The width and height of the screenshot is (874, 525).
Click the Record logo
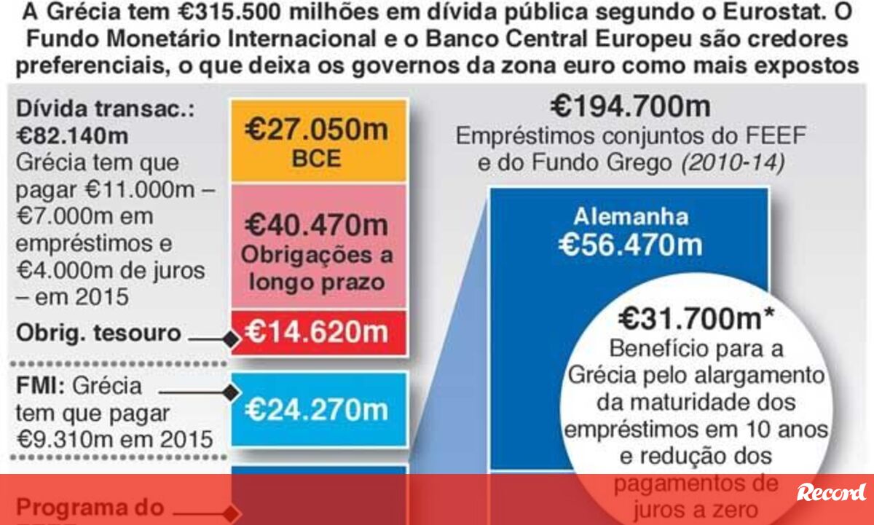[832, 492]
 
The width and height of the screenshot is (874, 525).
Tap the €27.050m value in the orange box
[316, 131]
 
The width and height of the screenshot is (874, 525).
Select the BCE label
[317, 159]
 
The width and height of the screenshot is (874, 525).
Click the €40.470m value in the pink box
[316, 223]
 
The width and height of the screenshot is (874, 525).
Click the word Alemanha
[631, 217]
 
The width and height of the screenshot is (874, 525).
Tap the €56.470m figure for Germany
[631, 245]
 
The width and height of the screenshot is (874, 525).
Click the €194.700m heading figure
[630, 107]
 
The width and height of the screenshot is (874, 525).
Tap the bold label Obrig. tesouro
[98, 333]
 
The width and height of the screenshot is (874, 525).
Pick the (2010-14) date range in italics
[733, 163]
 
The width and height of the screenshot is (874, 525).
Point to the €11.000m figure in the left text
[138, 189]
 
